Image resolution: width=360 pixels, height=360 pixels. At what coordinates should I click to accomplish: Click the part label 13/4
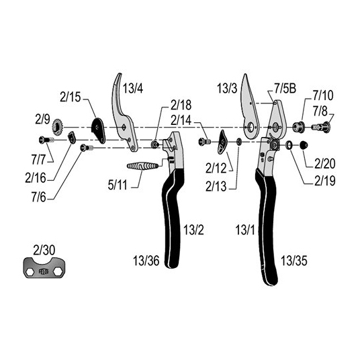click(133, 89)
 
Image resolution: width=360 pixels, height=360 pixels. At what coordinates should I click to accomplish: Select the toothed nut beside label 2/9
click(57, 127)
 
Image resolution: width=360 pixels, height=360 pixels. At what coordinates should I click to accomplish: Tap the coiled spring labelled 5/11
click(142, 166)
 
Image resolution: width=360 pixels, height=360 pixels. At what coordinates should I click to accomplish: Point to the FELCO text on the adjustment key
click(44, 271)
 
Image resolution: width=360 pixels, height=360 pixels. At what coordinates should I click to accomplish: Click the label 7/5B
click(285, 89)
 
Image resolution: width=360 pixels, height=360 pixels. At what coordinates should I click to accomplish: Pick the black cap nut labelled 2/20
click(304, 145)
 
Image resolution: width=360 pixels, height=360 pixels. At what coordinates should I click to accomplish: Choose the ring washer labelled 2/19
click(289, 145)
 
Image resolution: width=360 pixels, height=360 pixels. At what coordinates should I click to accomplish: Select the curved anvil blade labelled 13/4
click(124, 113)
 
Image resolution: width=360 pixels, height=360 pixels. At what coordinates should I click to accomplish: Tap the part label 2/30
click(44, 250)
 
